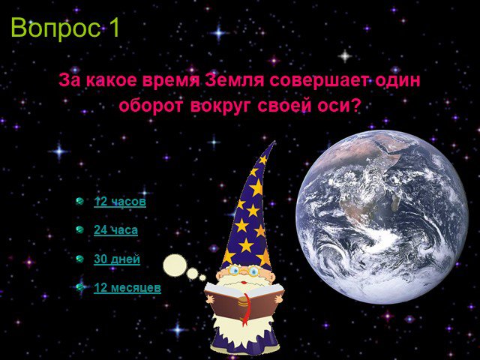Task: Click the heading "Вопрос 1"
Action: (65, 28)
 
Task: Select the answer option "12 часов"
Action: (120, 202)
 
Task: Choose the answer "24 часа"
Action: (115, 230)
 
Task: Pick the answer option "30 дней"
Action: (117, 259)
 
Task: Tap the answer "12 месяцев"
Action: (127, 288)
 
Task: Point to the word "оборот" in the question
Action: (151, 106)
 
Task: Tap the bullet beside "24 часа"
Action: (80, 229)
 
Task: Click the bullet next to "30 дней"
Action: (80, 259)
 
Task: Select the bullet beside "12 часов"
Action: (80, 201)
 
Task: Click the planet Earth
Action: (382, 217)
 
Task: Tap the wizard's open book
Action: (244, 301)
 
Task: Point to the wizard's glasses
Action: (244, 270)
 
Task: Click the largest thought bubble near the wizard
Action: (175, 265)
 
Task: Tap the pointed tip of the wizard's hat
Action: (274, 142)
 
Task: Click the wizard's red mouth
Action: (244, 282)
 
